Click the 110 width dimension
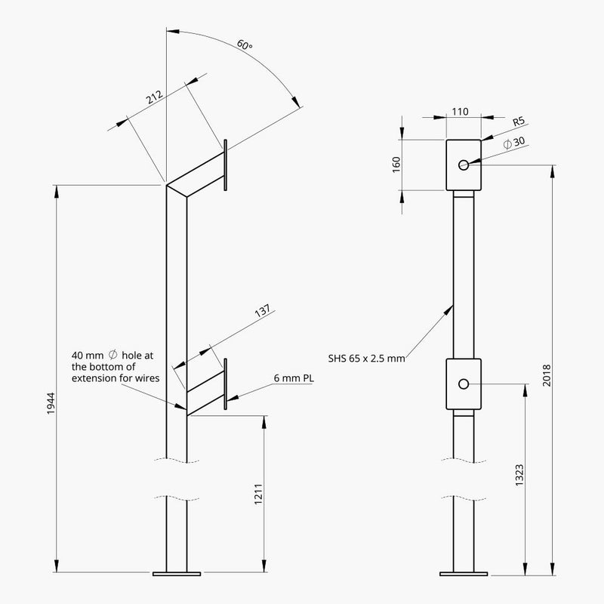coord(460,112)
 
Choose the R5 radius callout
coord(518,121)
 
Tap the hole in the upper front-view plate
coord(464,164)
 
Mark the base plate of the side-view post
coord(176,574)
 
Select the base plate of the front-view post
coord(464,574)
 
